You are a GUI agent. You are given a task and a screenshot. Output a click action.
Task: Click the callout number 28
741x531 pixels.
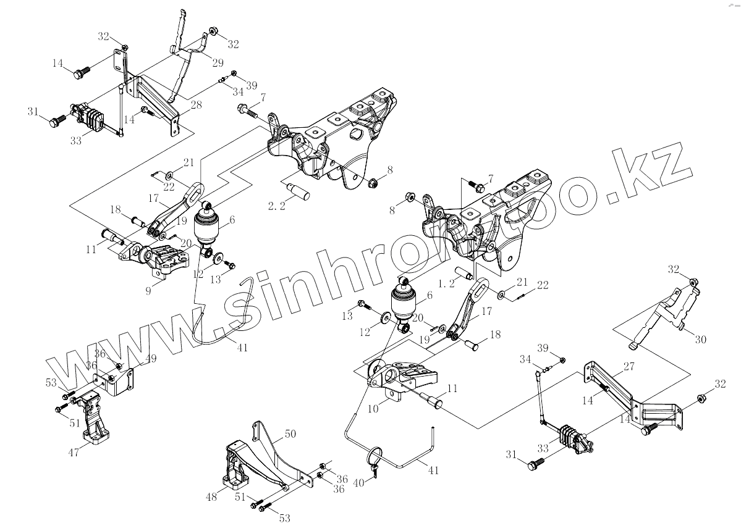click(x=196, y=105)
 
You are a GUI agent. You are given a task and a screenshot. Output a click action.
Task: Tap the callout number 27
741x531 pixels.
click(x=629, y=366)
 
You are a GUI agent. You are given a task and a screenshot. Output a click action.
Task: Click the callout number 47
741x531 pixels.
click(x=73, y=453)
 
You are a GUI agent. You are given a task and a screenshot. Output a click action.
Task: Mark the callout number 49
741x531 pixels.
click(x=133, y=359)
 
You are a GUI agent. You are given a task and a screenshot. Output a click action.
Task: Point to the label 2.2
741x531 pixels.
click(x=277, y=206)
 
